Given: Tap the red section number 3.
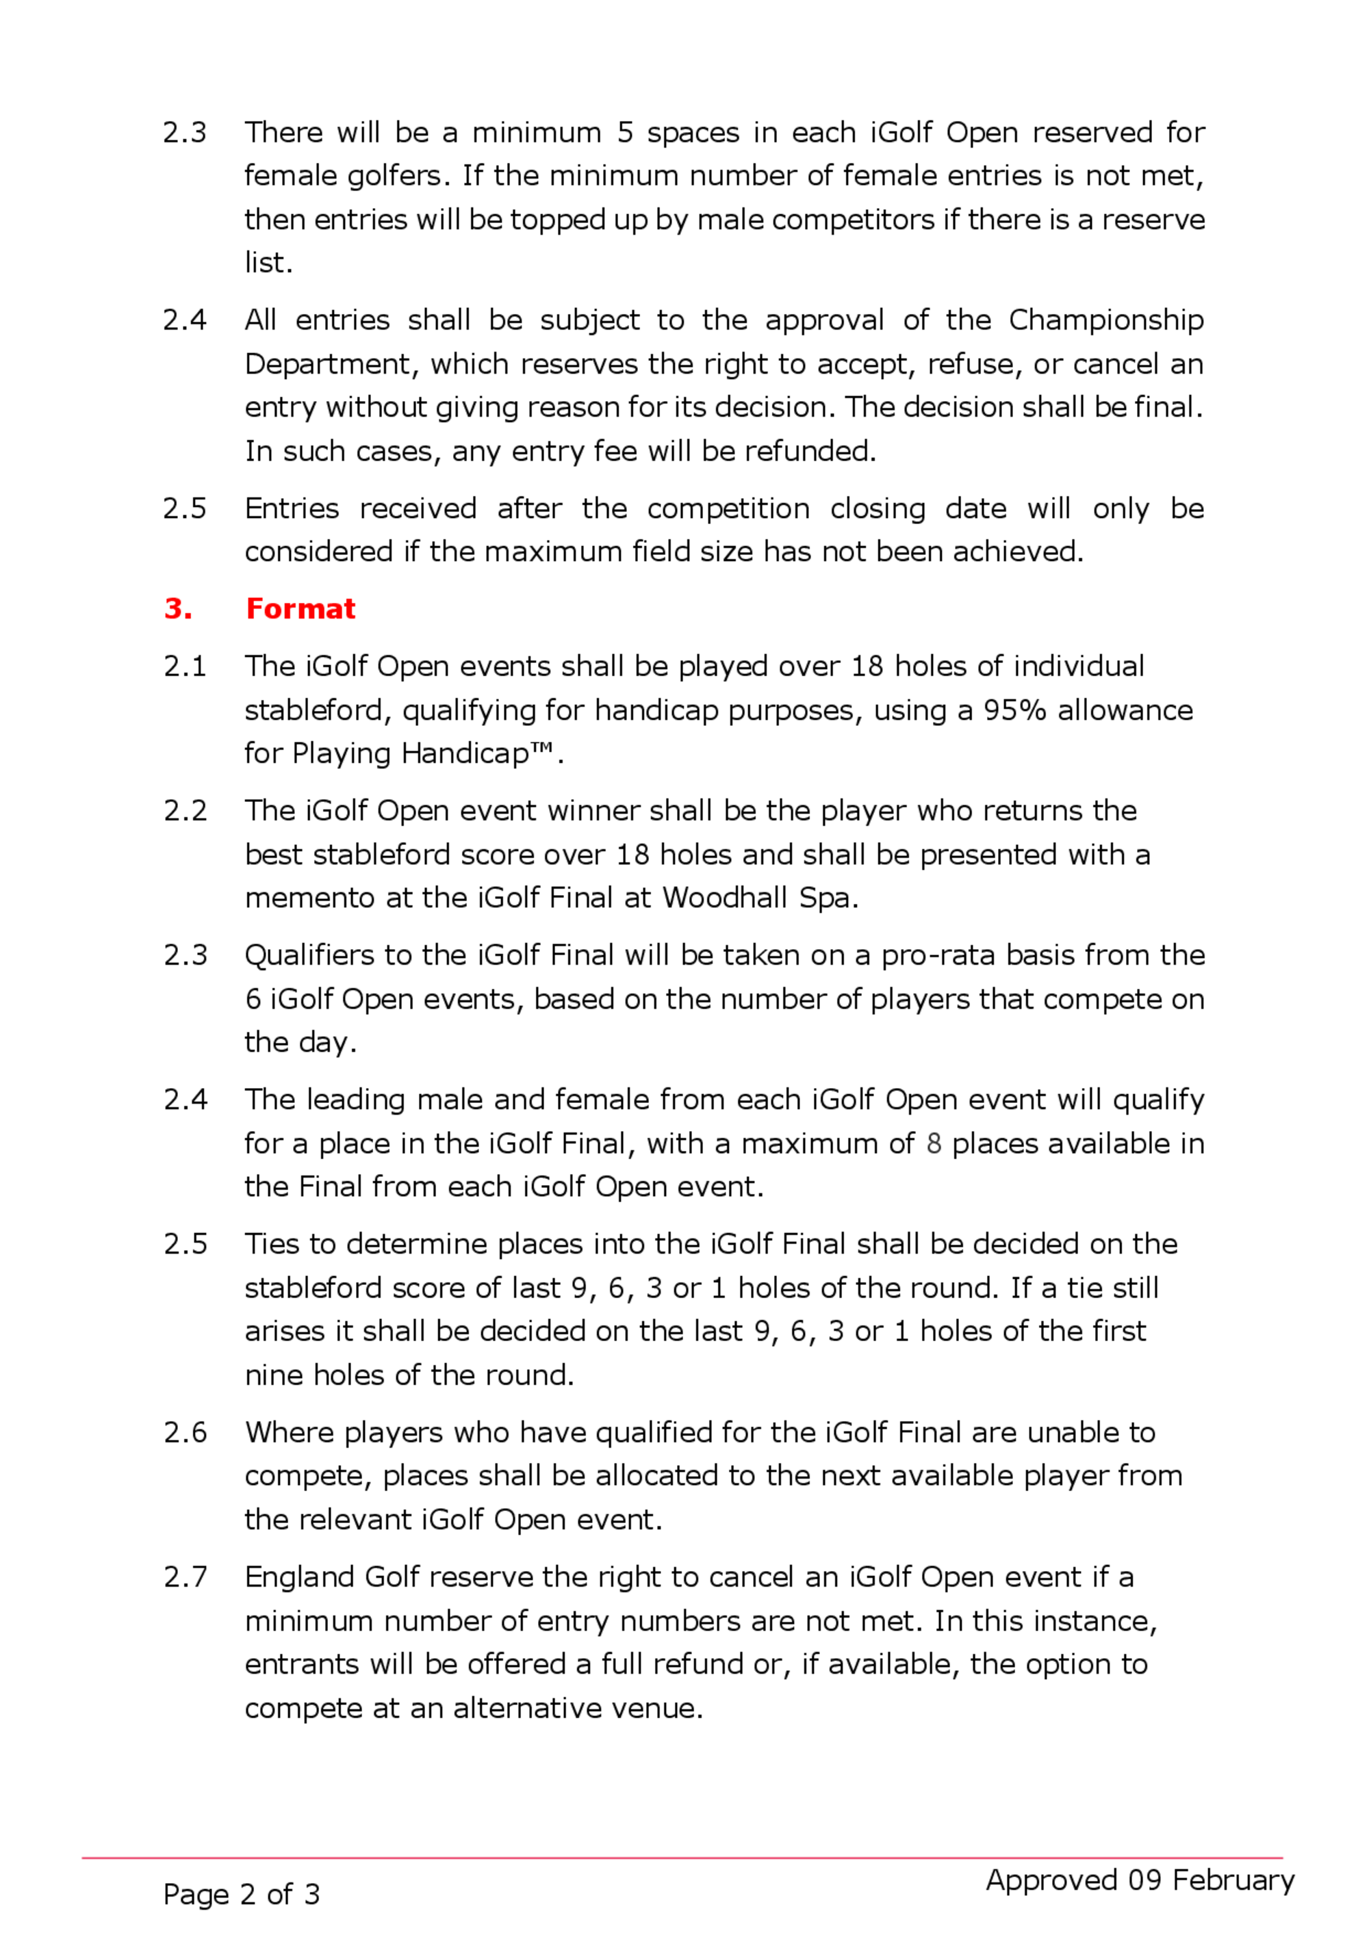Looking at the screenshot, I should coord(178,608).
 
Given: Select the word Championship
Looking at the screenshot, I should coord(1106,320).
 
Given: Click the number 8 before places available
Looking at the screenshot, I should coord(933,1143).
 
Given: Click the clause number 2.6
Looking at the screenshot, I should coord(185,1433).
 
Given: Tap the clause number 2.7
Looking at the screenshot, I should coord(185,1577).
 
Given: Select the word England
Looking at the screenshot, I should coord(299,1577).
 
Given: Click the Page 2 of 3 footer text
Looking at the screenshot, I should coord(242,1894).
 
